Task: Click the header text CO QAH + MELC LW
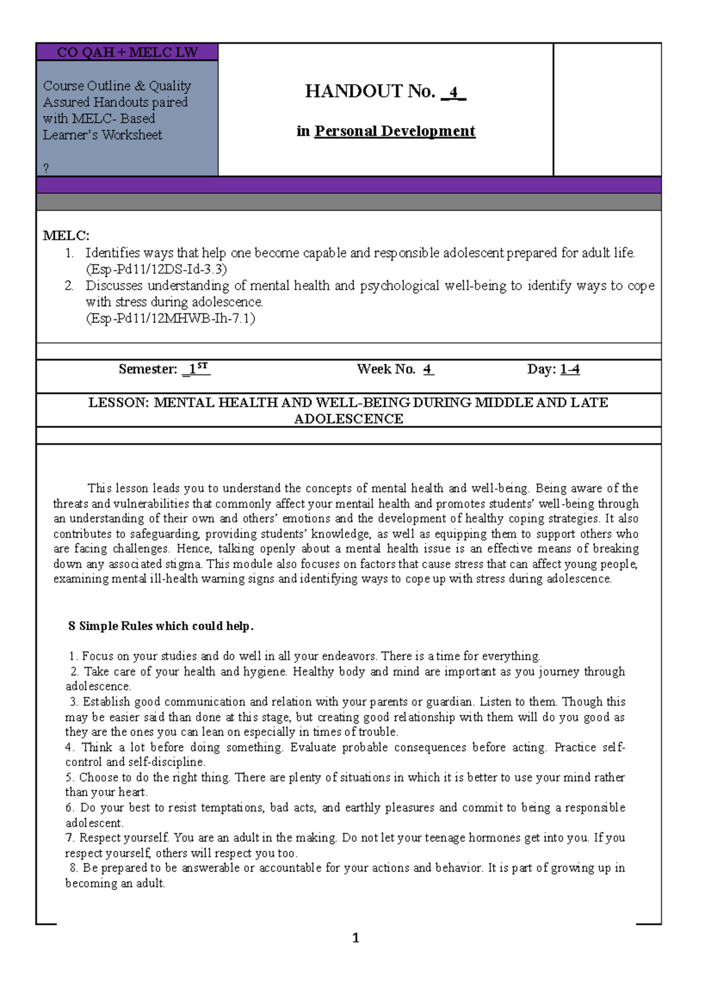click(127, 52)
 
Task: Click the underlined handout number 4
click(454, 92)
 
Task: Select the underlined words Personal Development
click(395, 131)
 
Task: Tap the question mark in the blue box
click(46, 168)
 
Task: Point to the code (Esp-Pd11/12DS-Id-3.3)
click(156, 269)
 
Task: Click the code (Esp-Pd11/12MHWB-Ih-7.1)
click(171, 318)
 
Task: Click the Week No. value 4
click(428, 369)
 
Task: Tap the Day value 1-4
click(569, 369)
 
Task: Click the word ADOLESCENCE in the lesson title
click(348, 419)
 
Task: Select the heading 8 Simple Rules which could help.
click(161, 626)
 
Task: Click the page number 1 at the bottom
click(355, 938)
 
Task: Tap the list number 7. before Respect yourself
click(70, 838)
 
